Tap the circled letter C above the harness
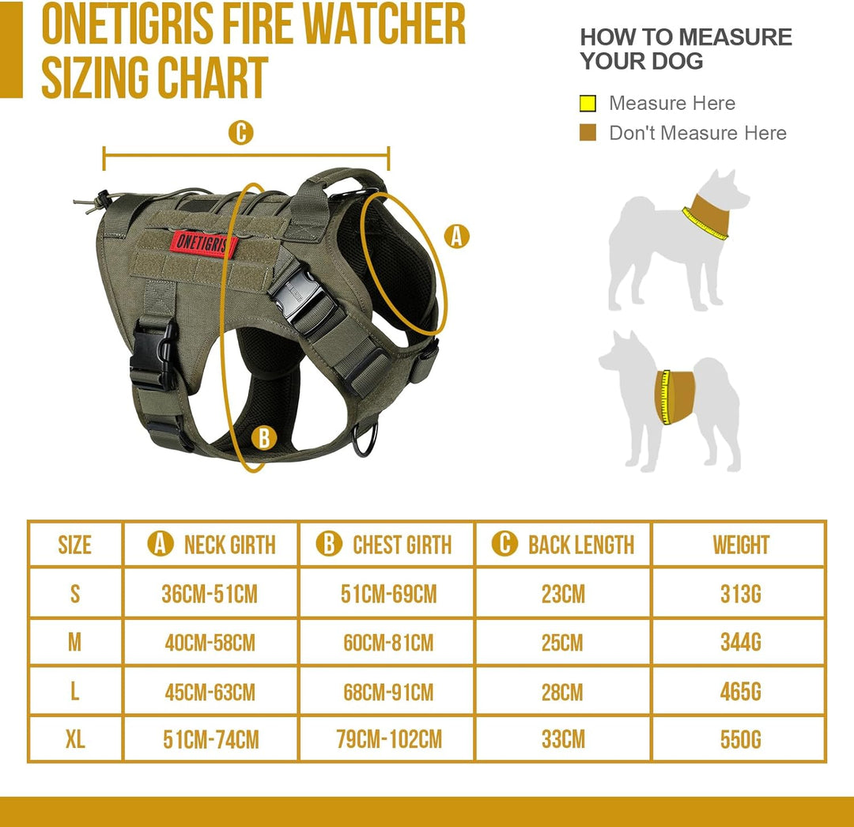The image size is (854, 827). point(240,133)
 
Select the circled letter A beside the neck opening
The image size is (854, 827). point(456,236)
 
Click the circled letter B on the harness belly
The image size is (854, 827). point(264,437)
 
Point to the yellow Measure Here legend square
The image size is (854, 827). point(588,104)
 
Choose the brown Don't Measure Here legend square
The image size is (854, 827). point(588,133)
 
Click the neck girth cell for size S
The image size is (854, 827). point(210,594)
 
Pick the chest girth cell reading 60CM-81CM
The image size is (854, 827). point(387,642)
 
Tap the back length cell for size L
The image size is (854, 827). point(562,692)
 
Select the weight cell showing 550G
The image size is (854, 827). point(740,739)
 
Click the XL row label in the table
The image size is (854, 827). point(75,739)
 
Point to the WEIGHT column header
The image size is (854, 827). point(740,545)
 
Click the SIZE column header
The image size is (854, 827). point(75,545)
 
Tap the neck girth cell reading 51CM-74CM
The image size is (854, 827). point(210,739)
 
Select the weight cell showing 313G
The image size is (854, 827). point(740,594)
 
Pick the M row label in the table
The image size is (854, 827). point(75,642)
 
